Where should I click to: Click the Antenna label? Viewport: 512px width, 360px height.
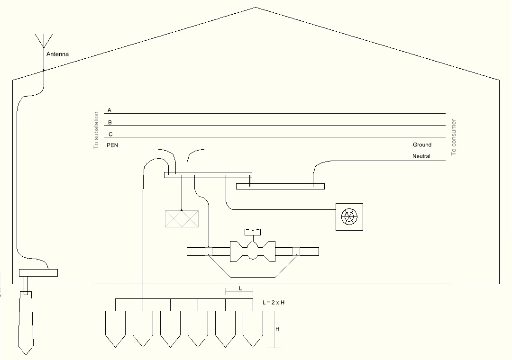(57, 54)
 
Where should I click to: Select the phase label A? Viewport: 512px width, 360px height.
(110, 110)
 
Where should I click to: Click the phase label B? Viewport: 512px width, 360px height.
(110, 122)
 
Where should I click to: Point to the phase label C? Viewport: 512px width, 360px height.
(110, 134)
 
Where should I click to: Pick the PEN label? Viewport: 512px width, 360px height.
(112, 145)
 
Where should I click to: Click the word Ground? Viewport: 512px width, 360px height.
(422, 144)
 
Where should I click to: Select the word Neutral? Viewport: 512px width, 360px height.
(421, 156)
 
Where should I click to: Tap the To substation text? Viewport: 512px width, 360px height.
(96, 130)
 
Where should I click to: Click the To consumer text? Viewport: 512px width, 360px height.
(454, 137)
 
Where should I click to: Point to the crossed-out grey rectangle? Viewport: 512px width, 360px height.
(182, 219)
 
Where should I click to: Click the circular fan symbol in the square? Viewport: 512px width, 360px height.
(349, 217)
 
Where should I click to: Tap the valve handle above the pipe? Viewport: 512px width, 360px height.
(253, 232)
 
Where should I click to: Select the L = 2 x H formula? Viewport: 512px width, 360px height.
(274, 303)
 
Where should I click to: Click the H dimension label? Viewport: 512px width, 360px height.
(277, 329)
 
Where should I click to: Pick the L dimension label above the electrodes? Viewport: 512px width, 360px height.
(240, 288)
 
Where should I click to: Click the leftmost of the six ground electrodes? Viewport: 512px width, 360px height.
(115, 329)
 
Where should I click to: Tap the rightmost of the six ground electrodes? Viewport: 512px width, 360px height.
(253, 329)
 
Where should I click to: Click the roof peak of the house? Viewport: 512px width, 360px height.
(256, 7)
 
